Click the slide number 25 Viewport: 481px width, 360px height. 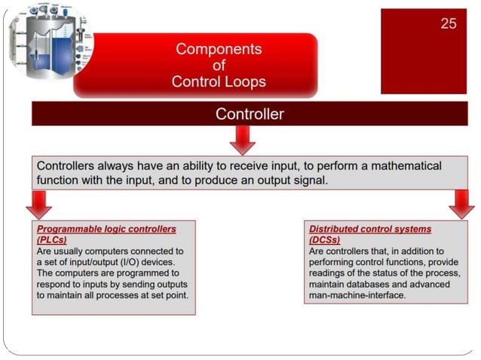449,23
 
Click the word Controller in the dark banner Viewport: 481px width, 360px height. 250,114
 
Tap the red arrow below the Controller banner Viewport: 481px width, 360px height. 242,139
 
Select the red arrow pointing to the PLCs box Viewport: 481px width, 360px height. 38,203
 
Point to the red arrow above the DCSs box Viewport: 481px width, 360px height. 461,203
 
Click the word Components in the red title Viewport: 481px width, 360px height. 219,50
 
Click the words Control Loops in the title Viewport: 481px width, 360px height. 219,81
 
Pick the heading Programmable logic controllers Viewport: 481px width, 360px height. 106,228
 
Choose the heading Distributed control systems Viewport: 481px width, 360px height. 370,228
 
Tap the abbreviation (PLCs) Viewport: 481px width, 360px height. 52,239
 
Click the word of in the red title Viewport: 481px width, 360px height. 219,66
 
